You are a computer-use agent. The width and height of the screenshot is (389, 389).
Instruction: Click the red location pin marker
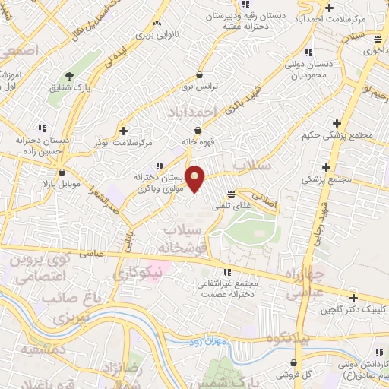(x=195, y=179)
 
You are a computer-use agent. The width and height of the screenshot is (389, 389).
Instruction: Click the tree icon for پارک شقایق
(x=69, y=76)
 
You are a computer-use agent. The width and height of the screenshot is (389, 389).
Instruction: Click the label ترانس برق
(x=199, y=87)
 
